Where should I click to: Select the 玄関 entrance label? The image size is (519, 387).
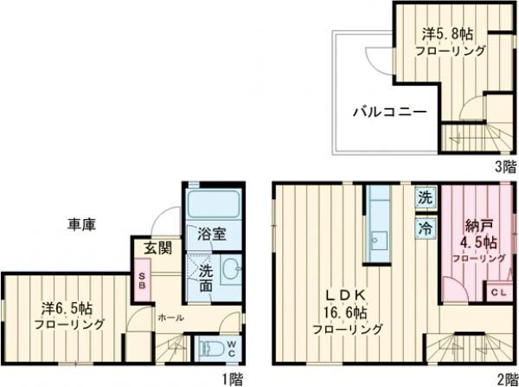pyautogui.click(x=157, y=249)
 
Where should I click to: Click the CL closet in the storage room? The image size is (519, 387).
pyautogui.click(x=497, y=293)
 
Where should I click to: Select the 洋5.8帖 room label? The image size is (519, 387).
pyautogui.click(x=448, y=34)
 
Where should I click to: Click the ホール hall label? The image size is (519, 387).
pyautogui.click(x=170, y=318)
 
